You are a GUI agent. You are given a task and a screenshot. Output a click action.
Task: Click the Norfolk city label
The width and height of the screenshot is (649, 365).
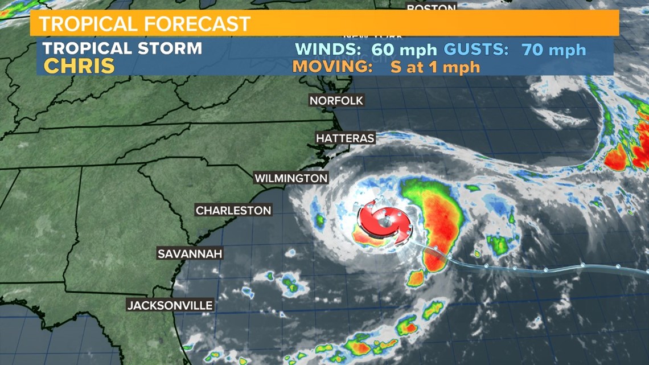click(336, 101)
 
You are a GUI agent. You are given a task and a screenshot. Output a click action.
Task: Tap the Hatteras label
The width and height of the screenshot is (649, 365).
click(345, 138)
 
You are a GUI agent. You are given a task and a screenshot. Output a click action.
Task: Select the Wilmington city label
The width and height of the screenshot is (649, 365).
click(291, 178)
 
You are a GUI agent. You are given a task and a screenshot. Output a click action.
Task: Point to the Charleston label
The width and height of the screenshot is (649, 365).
click(233, 211)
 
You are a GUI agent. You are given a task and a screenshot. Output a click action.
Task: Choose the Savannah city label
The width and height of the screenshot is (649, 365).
click(190, 253)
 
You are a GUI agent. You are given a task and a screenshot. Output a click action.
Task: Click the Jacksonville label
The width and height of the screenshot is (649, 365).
click(170, 305)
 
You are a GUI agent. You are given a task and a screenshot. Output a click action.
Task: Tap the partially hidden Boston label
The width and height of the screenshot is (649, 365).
click(431, 7)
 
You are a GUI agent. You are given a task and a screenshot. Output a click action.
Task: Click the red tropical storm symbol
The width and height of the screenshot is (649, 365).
click(383, 223)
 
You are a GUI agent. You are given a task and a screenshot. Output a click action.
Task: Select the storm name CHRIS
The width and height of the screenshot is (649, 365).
click(79, 66)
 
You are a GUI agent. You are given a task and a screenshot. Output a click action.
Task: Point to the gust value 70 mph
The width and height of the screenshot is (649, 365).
click(553, 50)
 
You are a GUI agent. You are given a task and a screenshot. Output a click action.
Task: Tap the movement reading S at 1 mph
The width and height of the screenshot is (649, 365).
click(435, 67)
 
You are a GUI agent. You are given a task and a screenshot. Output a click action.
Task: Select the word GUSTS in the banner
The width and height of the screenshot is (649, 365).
click(477, 50)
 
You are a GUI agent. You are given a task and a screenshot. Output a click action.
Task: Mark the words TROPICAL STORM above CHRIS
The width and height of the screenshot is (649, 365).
click(122, 48)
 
